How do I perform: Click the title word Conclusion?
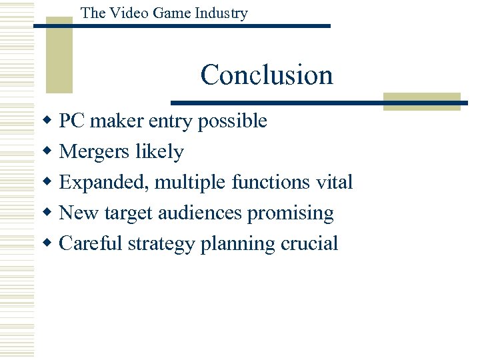pos(267,75)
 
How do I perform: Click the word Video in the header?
pos(125,13)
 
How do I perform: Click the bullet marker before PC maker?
pos(47,121)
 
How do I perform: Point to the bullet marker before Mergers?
pos(47,152)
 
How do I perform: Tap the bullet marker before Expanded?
pos(47,183)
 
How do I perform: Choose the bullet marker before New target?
pos(47,213)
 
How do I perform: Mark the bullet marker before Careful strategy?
pos(47,244)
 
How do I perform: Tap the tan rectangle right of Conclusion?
pos(421,101)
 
